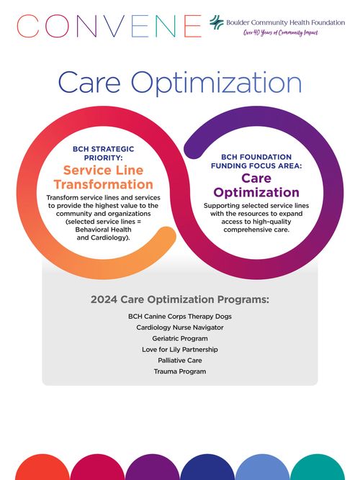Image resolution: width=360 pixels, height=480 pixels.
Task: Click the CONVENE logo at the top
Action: [x=109, y=26]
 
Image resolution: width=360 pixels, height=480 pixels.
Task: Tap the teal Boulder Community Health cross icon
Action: [x=217, y=22]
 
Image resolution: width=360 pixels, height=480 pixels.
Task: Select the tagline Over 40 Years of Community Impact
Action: [x=281, y=32]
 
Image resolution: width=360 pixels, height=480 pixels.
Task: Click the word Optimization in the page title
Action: [x=216, y=83]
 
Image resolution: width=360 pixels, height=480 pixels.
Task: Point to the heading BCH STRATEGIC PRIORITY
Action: [x=103, y=153]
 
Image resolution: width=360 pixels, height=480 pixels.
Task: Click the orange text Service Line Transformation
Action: [x=103, y=177]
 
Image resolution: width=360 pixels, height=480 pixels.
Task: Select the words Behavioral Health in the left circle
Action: [x=103, y=230]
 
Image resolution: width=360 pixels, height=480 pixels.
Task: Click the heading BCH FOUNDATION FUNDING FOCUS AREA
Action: [x=256, y=161]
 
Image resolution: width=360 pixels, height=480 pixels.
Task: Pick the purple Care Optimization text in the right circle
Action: [x=256, y=185]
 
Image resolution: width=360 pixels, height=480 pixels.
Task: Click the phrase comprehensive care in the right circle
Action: [x=256, y=230]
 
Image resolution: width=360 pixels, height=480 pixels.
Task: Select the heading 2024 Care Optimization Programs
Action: [x=180, y=299]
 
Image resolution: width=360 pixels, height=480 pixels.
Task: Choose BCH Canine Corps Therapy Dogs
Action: [x=180, y=316]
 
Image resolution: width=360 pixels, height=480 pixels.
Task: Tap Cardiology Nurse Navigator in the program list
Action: [x=180, y=327]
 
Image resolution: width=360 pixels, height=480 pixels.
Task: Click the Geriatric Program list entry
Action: [x=180, y=338]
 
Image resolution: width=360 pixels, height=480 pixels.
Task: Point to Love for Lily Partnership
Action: [x=180, y=349]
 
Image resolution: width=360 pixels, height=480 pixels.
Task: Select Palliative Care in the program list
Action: [x=180, y=361]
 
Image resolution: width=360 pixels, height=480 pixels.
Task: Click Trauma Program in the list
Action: [x=180, y=371]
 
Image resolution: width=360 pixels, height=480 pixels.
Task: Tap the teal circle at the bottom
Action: [x=317, y=468]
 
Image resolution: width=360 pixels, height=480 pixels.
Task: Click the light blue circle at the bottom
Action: [x=262, y=468]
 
